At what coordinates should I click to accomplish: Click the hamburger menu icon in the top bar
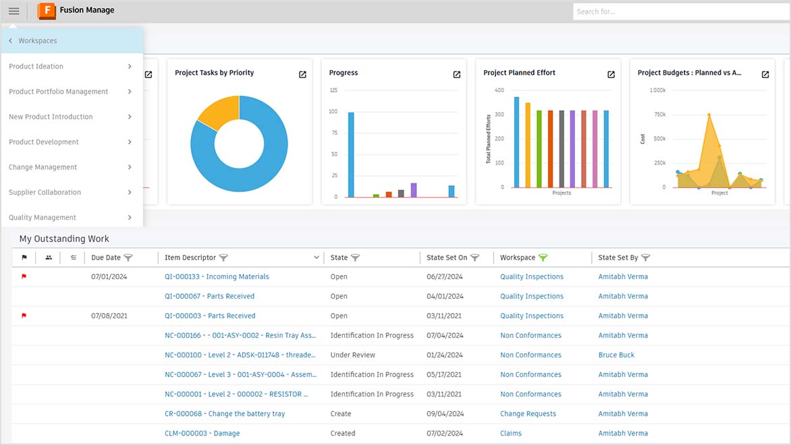[13, 11]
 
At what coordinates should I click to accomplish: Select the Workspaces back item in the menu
[38, 41]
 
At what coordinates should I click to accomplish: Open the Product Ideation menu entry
[36, 67]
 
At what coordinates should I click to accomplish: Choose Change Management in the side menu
[43, 167]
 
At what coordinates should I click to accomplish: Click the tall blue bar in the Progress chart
[351, 154]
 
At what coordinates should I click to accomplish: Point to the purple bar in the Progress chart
[414, 189]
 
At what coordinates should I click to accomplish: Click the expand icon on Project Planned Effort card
[611, 74]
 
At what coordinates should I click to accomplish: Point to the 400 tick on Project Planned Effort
[499, 90]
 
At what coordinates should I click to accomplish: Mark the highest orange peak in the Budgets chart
[709, 115]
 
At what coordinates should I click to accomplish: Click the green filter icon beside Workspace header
[543, 258]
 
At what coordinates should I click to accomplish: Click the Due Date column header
[106, 258]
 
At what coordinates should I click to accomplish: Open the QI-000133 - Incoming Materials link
[217, 276]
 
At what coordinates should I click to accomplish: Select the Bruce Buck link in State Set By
[616, 355]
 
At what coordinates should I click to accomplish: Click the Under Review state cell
[352, 355]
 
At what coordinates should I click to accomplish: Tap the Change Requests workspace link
[528, 414]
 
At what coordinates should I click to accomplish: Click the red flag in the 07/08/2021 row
[24, 316]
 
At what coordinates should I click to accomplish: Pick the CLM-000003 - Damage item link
[202, 434]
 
